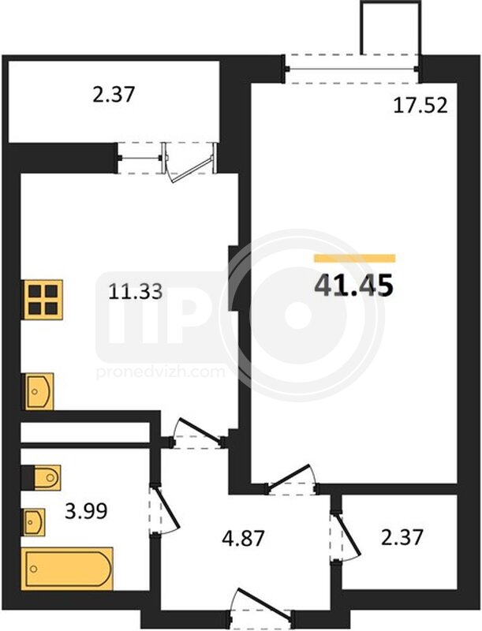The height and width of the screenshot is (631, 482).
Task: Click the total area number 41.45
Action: pos(353,286)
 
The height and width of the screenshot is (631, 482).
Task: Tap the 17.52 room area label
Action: pos(420,106)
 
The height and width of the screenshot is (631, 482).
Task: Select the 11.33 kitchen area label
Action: pos(136,291)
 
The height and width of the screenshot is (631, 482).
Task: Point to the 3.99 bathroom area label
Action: pos(86,512)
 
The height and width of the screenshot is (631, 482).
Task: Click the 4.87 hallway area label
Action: pos(244,538)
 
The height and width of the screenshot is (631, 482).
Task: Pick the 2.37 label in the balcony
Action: pos(113,95)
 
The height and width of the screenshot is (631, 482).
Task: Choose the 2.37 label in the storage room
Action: pos(402,537)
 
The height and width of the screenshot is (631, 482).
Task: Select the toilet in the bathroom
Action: pos(41,478)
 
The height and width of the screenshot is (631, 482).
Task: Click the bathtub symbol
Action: pos(67,569)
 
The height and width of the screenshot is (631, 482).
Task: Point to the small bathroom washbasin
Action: pos(34,522)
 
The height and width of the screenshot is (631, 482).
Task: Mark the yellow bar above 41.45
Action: pos(355,259)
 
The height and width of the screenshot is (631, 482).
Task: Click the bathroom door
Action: pos(164,510)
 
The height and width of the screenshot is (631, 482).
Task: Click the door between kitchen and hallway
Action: pos(198,434)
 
